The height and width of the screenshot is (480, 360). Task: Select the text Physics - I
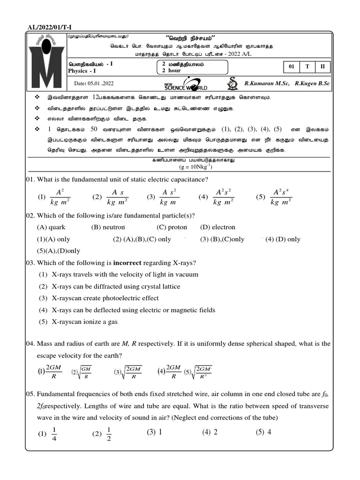[82, 71]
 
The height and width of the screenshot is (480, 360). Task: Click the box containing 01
[291, 67]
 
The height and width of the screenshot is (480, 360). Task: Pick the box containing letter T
[307, 67]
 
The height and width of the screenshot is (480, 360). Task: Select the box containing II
[322, 67]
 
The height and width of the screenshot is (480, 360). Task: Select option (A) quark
[51, 227]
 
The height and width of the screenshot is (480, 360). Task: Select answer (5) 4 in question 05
[263, 432]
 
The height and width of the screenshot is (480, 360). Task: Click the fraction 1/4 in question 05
[54, 434]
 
